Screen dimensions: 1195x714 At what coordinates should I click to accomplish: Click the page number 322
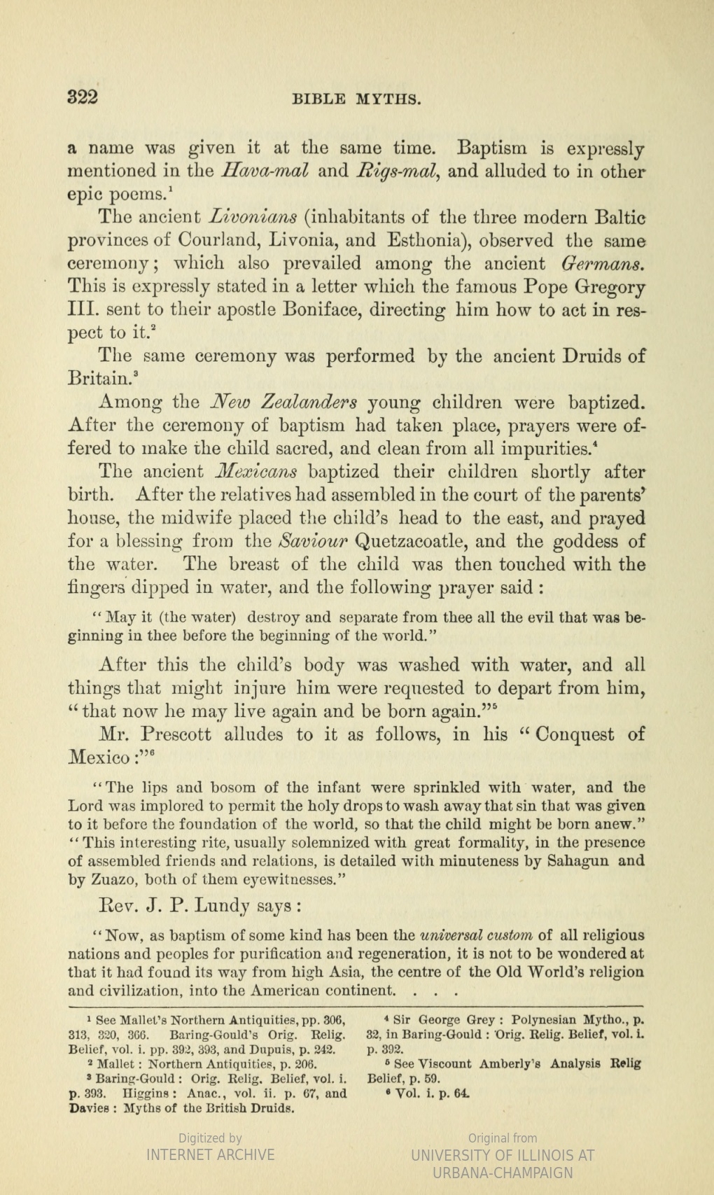point(82,97)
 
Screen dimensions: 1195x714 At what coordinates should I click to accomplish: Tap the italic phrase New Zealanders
point(285,403)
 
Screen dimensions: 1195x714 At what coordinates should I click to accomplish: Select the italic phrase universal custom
point(476,936)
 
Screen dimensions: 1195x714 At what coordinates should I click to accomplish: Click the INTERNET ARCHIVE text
point(210,1154)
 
